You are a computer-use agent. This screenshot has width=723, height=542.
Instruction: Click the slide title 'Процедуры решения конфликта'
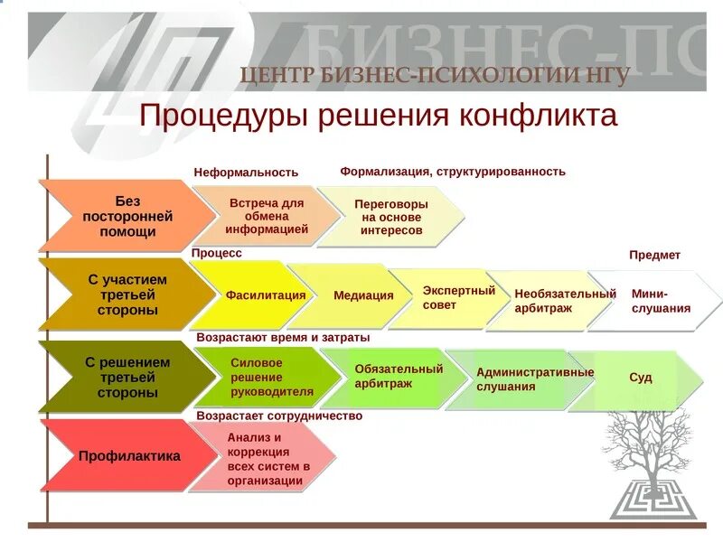379,117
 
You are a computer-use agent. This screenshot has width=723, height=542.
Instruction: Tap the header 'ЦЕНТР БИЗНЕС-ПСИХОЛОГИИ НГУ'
435,75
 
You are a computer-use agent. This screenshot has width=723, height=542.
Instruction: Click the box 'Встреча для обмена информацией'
266,216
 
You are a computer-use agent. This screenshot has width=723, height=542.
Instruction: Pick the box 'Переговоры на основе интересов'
390,217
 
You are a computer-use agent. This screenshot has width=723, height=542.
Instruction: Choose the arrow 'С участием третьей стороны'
124,294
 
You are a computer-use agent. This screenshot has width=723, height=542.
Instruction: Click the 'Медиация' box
362,295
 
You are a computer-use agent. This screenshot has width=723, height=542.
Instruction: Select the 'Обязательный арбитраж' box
397,376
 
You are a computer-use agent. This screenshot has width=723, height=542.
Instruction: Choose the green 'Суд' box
641,378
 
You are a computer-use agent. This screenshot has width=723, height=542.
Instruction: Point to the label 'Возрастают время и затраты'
283,337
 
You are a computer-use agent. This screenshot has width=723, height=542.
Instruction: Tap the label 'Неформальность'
246,172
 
